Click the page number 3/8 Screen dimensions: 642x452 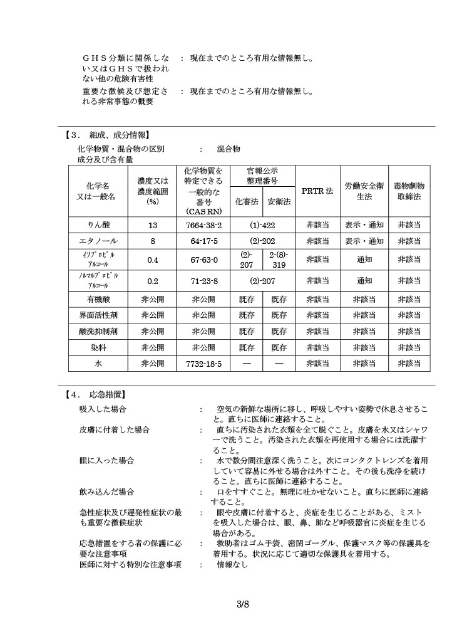243,604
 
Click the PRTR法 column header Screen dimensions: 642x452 317,191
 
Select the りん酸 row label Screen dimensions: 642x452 99,224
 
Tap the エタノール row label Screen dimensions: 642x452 99,241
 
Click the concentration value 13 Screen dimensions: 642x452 153,224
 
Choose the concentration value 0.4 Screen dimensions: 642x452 153,260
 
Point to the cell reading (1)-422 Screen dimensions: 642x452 263,224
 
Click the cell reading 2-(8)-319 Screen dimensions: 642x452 279,260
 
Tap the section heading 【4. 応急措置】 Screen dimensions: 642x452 95,395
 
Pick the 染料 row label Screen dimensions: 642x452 99,347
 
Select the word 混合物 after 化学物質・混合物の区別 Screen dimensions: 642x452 229,149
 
